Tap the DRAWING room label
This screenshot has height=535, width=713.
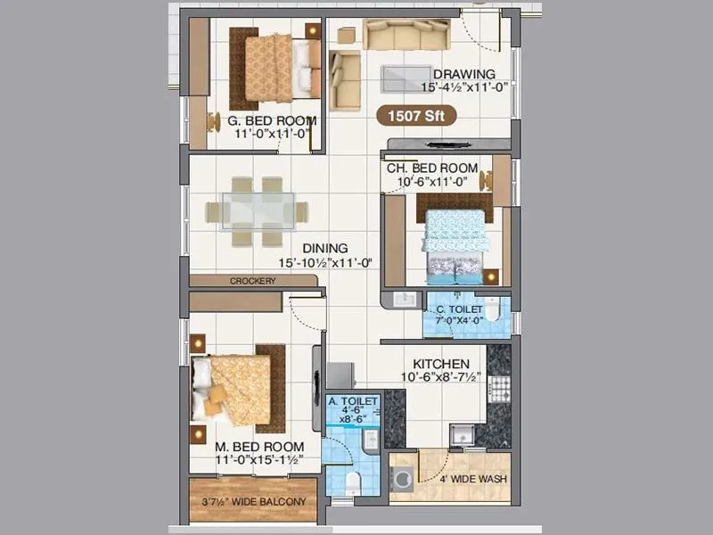pyautogui.click(x=463, y=74)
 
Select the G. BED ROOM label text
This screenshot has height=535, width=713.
pyautogui.click(x=271, y=120)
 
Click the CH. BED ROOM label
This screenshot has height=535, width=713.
pyautogui.click(x=431, y=169)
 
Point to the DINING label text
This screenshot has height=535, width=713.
pyautogui.click(x=324, y=249)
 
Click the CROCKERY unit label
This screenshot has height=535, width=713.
pyautogui.click(x=252, y=281)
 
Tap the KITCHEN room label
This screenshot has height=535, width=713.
pyautogui.click(x=440, y=365)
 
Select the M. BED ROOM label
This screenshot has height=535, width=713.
pyautogui.click(x=258, y=447)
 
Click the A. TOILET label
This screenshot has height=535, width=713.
pyautogui.click(x=354, y=402)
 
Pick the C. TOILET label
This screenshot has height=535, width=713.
pyautogui.click(x=458, y=309)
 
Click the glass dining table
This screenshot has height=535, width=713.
pyautogui.click(x=257, y=211)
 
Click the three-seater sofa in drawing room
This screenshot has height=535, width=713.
pyautogui.click(x=405, y=36)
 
